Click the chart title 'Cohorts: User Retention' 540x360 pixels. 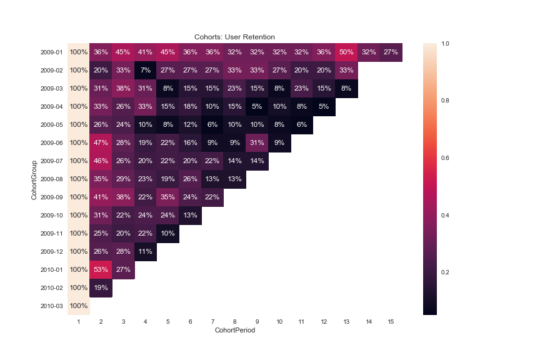pos(234,37)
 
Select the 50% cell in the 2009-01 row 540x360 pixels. pos(346,52)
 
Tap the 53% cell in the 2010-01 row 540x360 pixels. pos(101,269)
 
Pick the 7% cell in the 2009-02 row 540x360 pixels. pos(146,70)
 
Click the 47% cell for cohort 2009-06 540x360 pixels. pos(101,142)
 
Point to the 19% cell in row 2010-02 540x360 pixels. pos(101,287)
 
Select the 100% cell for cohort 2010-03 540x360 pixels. pos(79,306)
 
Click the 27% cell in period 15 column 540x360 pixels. pos(391,52)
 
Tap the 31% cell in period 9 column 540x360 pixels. pos(257,142)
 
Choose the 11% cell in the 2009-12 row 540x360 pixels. pos(146,251)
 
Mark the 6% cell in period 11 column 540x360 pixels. pos(302,124)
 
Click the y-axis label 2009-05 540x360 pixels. pos(52,125)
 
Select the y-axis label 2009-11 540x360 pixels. pos(52,234)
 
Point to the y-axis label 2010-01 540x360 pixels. pos(52,270)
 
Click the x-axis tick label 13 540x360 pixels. pos(346,321)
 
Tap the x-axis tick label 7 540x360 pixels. pos(212,321)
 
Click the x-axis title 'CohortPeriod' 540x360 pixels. pos(234,330)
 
